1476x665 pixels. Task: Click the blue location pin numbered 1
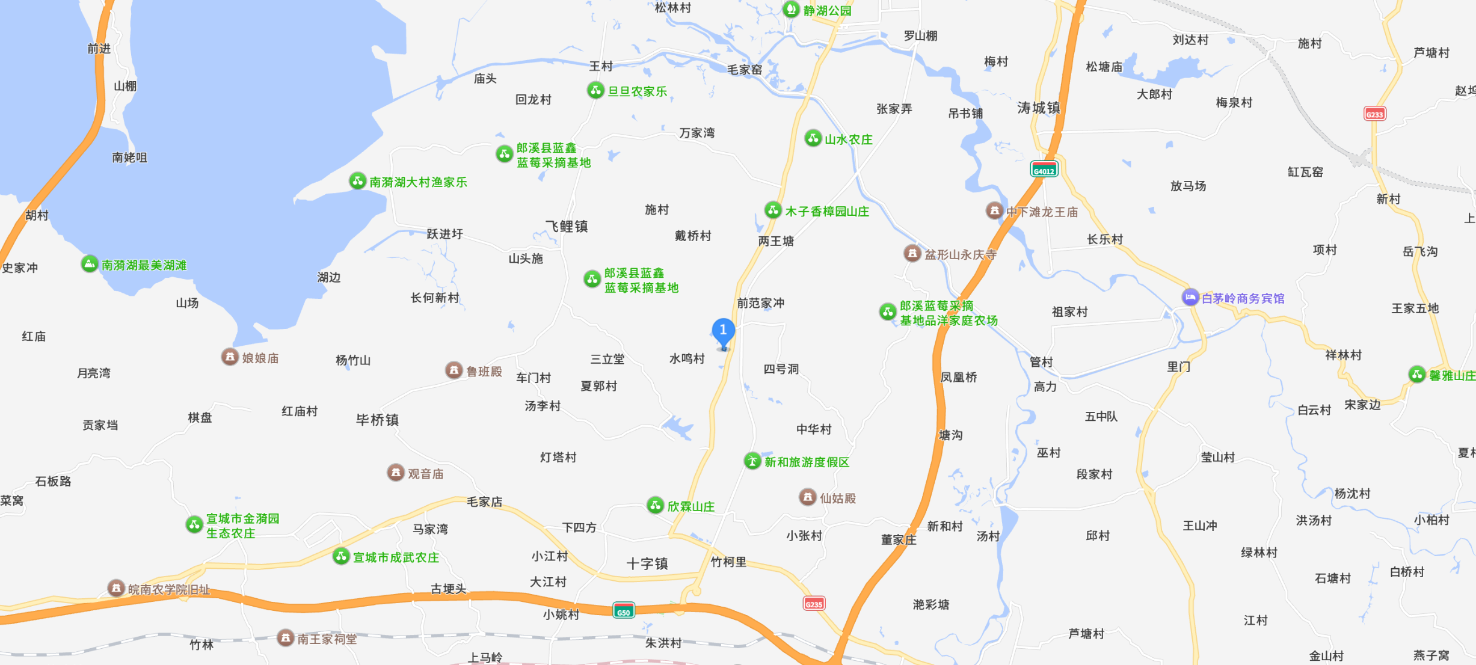(x=723, y=331)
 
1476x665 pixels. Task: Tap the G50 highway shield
(x=623, y=611)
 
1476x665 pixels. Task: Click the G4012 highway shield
(x=1044, y=170)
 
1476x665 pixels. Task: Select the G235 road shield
(x=814, y=603)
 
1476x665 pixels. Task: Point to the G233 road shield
(x=1374, y=114)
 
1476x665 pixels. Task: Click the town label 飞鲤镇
(x=567, y=226)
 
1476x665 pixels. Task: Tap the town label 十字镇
(x=647, y=563)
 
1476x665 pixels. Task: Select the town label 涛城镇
(x=1039, y=108)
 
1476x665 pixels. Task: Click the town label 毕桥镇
(x=377, y=420)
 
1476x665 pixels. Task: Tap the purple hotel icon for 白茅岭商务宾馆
(x=1190, y=298)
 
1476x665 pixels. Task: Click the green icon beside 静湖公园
(x=791, y=10)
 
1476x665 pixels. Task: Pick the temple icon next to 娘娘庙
(x=229, y=357)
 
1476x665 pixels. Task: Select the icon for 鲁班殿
(x=454, y=370)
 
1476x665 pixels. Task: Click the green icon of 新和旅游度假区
(x=752, y=461)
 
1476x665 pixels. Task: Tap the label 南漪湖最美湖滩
(x=144, y=265)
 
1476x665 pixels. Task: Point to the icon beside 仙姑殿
(x=807, y=497)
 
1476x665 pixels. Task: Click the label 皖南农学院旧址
(x=169, y=589)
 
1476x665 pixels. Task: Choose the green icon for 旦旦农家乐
(x=595, y=91)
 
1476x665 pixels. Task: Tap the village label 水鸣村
(x=687, y=359)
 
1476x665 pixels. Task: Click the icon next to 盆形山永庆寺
(x=912, y=254)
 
